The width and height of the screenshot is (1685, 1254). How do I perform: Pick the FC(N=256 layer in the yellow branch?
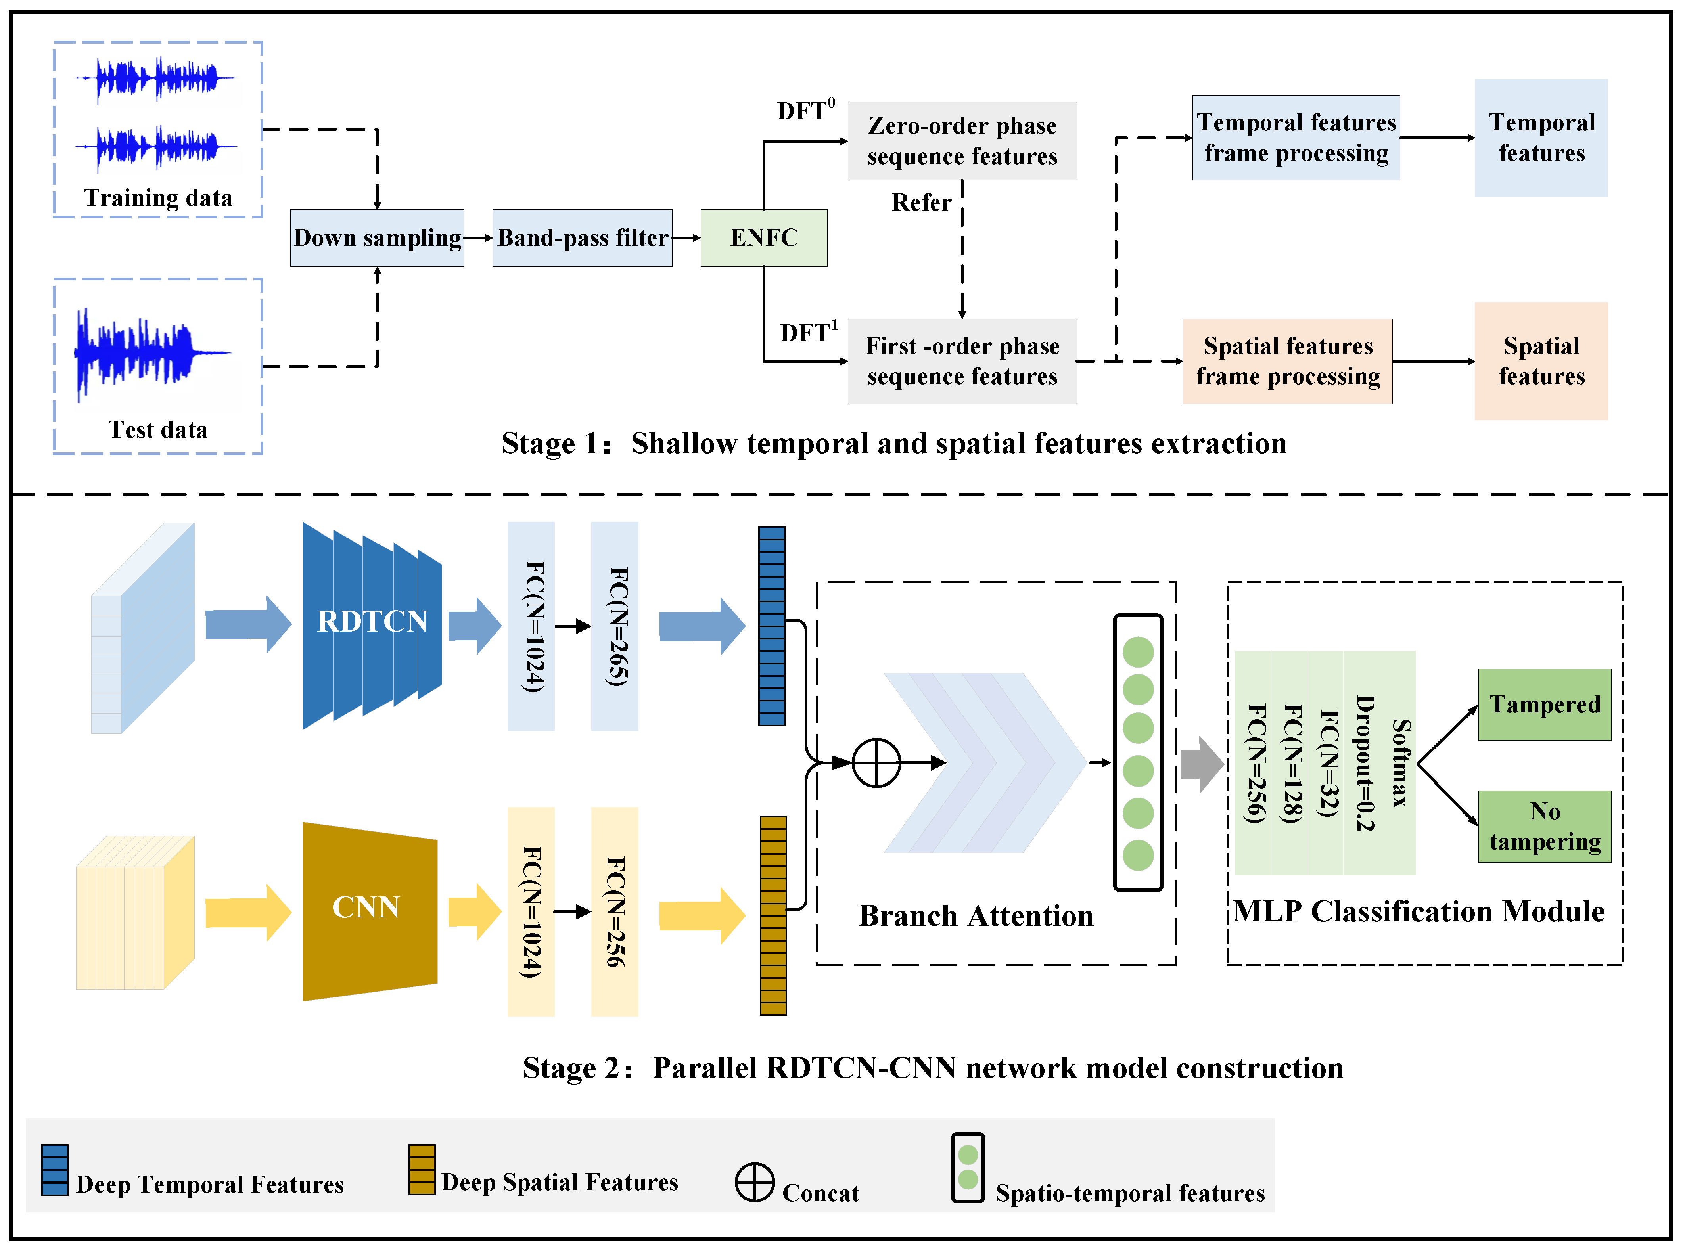[614, 911]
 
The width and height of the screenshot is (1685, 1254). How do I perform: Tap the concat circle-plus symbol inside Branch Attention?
[876, 762]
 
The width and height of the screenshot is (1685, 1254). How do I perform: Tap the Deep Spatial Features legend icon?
[422, 1169]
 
